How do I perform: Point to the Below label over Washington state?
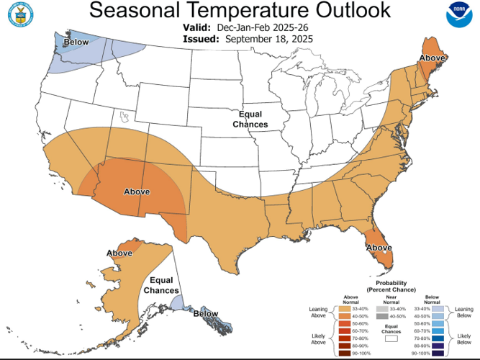click(x=76, y=43)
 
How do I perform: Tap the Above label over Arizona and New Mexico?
click(x=137, y=192)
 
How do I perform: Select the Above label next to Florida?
click(x=379, y=248)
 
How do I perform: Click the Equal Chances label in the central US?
click(x=250, y=120)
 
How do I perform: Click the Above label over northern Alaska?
click(x=119, y=253)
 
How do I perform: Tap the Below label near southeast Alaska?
click(x=206, y=313)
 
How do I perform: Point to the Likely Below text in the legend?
click(x=466, y=340)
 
